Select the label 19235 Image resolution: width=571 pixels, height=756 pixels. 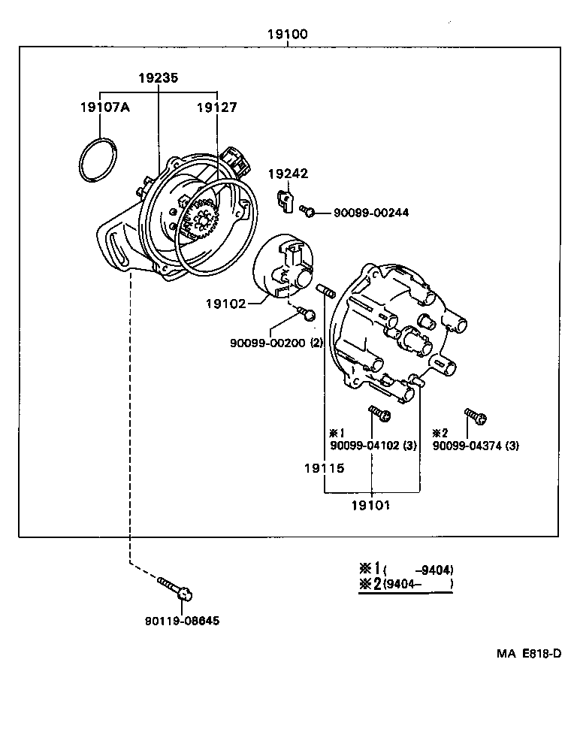point(159,77)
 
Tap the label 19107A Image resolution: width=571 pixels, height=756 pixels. point(104,107)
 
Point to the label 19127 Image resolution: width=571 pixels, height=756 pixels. point(216,107)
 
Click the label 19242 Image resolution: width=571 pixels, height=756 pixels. point(289,174)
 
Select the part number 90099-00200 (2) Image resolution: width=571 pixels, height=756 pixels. point(276,343)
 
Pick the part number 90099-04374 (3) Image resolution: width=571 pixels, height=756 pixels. point(476,446)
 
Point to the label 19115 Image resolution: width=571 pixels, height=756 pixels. point(324,468)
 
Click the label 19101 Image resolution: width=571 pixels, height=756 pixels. point(370,505)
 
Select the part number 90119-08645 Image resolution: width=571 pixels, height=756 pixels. point(183,620)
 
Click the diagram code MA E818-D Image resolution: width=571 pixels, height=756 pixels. point(528,653)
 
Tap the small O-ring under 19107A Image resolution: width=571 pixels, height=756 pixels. point(98,159)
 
